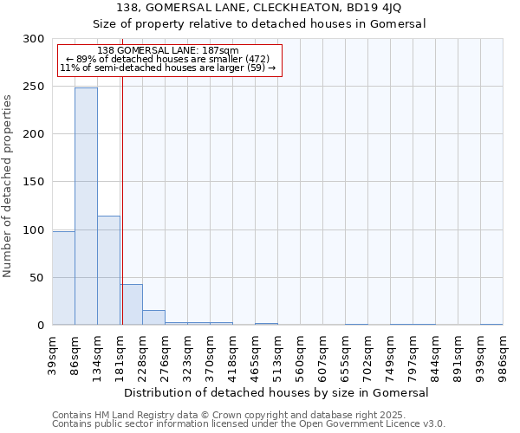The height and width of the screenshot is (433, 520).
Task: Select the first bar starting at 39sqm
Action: click(63, 278)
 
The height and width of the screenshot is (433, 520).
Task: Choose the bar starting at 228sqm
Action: click(153, 317)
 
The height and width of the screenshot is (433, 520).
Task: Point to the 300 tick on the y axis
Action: click(34, 39)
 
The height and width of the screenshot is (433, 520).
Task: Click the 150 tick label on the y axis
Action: click(34, 182)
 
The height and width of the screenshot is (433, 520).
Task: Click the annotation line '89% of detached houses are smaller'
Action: click(168, 59)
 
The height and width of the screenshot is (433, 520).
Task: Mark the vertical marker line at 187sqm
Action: click(122, 216)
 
